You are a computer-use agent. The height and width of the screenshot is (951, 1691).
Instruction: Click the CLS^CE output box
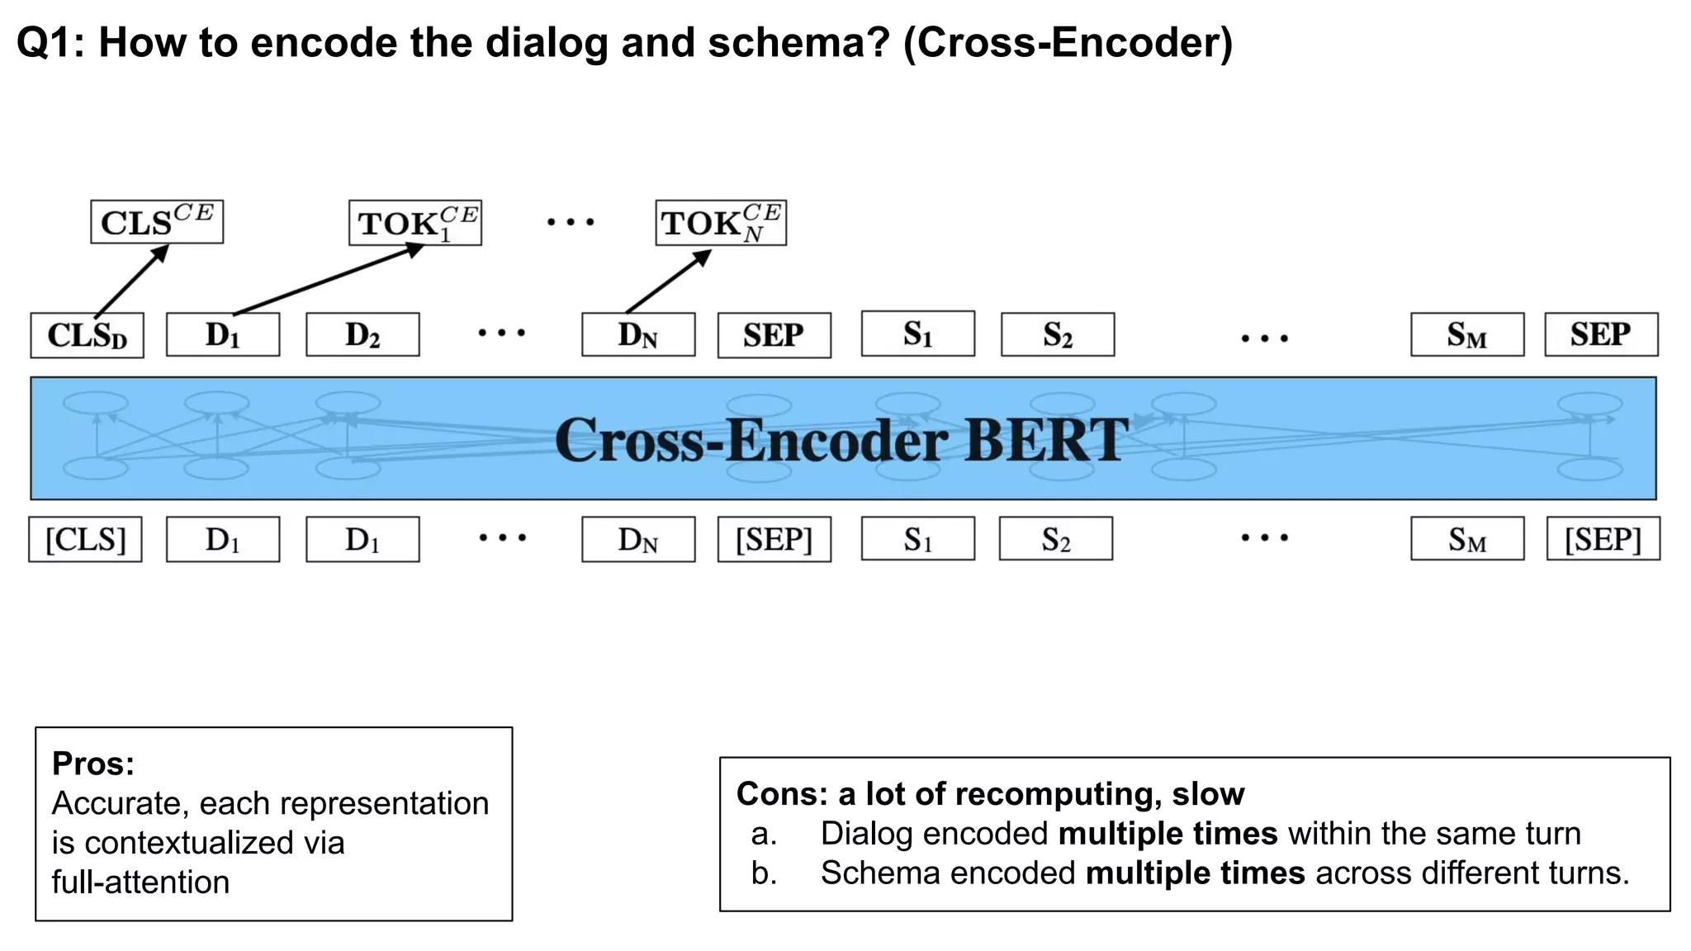(157, 222)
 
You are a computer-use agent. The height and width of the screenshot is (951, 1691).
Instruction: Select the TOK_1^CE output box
(415, 223)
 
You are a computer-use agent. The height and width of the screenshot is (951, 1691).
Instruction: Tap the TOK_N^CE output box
(721, 223)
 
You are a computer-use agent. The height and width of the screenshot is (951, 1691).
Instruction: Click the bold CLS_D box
(87, 335)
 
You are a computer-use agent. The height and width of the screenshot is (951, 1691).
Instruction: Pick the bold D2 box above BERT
(362, 334)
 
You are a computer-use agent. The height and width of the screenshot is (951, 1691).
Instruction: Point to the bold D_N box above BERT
(638, 334)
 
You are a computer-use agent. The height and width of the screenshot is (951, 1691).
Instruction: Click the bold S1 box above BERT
(917, 334)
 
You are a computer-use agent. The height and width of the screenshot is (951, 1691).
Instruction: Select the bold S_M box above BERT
(1467, 334)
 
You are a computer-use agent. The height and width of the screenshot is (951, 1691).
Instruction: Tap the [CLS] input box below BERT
(85, 539)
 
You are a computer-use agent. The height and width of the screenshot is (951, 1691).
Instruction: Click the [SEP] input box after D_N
(774, 539)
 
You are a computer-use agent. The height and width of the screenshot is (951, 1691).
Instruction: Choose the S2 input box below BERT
(1056, 539)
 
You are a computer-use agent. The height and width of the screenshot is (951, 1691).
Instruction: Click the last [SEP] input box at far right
(1603, 539)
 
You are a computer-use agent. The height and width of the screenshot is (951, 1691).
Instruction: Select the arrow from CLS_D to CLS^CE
(132, 281)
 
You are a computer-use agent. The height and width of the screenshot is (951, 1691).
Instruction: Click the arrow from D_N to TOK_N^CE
(667, 282)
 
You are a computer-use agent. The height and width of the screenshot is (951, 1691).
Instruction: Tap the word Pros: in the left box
(92, 764)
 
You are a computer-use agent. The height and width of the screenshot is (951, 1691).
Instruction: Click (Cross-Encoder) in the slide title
(1068, 43)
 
